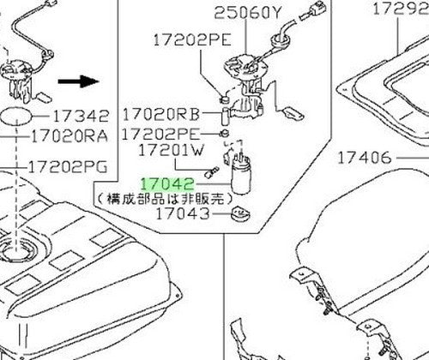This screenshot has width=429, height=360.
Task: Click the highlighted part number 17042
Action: point(167,184)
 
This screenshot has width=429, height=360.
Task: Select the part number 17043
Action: point(183,213)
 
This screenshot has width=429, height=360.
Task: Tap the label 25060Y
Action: point(248,13)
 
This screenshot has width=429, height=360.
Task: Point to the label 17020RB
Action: point(161,115)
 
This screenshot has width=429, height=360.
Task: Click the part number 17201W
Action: point(172,150)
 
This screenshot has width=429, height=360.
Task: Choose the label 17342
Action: point(81,116)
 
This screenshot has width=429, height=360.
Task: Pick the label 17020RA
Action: point(69,136)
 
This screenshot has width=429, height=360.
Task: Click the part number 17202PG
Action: point(68,166)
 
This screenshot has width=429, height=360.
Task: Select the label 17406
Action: point(365,158)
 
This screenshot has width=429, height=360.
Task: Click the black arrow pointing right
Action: point(78,81)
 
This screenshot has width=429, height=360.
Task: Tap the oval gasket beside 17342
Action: point(16,116)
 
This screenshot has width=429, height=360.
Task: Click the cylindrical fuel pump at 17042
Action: point(240,175)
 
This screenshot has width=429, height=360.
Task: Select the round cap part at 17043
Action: point(240,214)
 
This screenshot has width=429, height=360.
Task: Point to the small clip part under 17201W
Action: point(212,171)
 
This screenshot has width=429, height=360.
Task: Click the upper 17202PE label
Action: point(192,39)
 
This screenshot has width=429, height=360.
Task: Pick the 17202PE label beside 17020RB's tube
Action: point(160,134)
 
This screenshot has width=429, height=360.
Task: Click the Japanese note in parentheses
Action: point(165,199)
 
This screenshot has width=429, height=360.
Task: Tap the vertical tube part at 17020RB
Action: point(226,117)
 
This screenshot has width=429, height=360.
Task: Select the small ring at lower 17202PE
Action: point(225,133)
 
